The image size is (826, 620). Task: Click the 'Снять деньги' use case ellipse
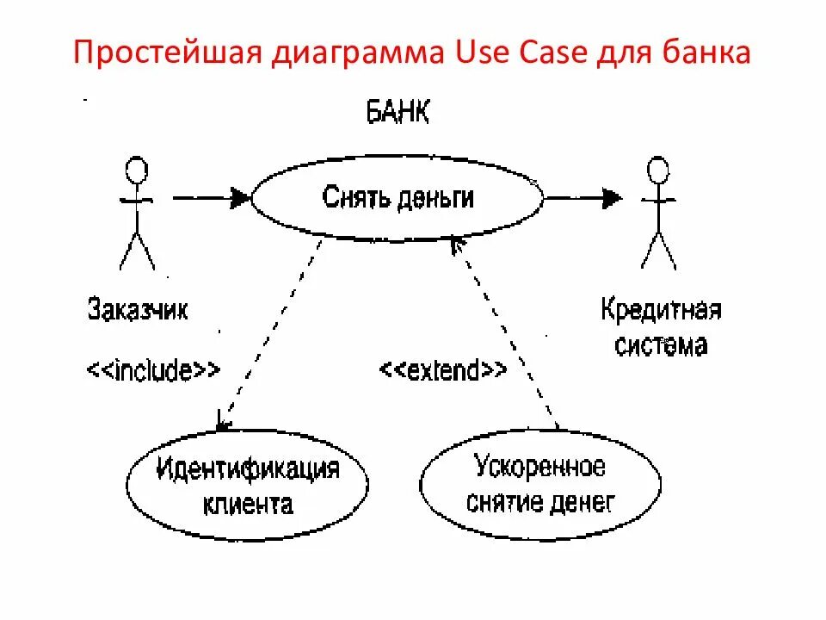tap(397, 199)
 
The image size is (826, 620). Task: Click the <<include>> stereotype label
tap(152, 370)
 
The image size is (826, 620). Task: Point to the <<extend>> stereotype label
tap(442, 370)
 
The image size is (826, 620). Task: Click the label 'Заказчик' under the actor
tap(138, 309)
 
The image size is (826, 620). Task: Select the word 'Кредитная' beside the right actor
tap(660, 310)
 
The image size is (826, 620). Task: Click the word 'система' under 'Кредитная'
tap(660, 345)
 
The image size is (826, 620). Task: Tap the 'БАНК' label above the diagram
tap(398, 113)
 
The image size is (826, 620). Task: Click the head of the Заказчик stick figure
tap(136, 170)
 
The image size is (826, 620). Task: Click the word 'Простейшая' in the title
tap(163, 54)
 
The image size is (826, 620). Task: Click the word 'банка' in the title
tap(711, 54)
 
